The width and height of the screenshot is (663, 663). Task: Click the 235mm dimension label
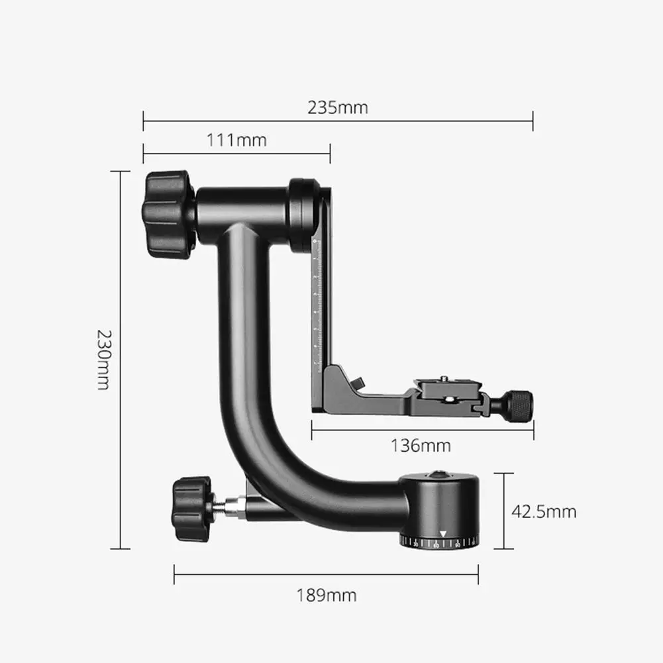pos(337,108)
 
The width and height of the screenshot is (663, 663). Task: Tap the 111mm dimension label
pos(236,140)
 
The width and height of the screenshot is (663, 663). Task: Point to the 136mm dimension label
pos(421,446)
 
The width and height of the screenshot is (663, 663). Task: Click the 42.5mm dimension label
pos(544,511)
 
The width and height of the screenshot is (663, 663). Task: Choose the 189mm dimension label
pos(326,595)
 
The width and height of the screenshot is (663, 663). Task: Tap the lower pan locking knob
pos(192,509)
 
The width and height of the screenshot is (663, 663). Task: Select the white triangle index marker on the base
pos(442,534)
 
